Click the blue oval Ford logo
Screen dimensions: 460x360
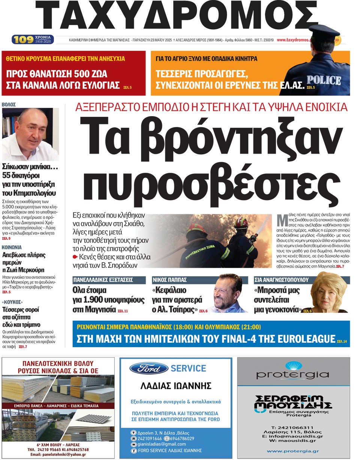pos(148,368)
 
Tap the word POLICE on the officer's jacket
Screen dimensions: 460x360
pos(324,79)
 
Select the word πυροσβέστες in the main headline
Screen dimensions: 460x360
pos(208,184)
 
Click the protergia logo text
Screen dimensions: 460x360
pos(292,374)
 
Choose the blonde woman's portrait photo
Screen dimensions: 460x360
pos(329,293)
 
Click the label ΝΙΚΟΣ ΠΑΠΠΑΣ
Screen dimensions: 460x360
pos(170,280)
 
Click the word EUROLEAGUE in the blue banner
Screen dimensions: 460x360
pos(308,339)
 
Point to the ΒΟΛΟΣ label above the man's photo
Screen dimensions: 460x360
pos(9,105)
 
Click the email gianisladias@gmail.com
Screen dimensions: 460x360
pos(162,444)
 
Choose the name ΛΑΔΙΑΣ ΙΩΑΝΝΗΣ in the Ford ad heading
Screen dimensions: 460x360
pos(175,385)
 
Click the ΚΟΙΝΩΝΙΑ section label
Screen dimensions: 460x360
pos(12,248)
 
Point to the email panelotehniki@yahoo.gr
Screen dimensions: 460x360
pos(58,454)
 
